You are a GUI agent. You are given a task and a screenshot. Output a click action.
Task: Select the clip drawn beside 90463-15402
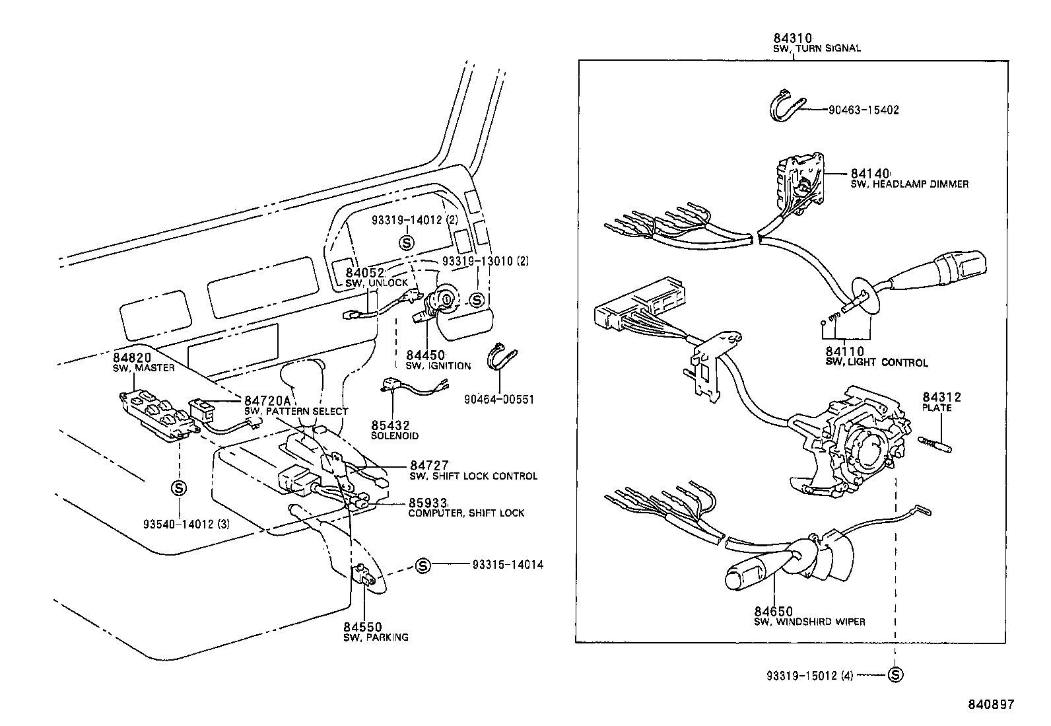tap(786, 108)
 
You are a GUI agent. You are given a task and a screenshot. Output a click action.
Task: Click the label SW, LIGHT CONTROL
tap(876, 363)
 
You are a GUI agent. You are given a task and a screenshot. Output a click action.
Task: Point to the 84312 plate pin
tap(935, 443)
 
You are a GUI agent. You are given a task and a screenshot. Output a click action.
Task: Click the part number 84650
tap(774, 612)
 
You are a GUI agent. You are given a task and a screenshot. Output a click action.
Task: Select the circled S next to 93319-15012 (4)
tap(895, 675)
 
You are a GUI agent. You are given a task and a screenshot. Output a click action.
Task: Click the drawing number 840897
tap(990, 705)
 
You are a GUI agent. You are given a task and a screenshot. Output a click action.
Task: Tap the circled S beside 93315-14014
tap(423, 565)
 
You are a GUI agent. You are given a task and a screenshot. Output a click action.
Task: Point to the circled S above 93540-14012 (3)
tap(179, 488)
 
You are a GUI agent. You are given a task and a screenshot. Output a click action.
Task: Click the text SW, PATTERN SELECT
tap(296, 412)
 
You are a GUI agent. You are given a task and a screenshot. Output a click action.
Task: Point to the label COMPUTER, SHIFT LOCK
tap(466, 513)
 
